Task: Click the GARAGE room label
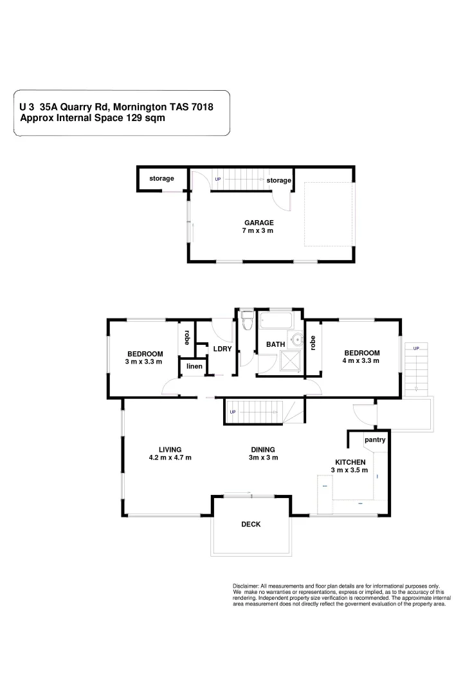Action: click(x=259, y=223)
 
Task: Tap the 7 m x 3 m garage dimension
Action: click(x=259, y=230)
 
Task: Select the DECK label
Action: click(x=251, y=524)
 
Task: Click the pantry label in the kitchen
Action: click(x=374, y=440)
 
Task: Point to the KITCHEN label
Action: click(x=350, y=462)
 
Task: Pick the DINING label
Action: click(x=264, y=450)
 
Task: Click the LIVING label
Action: click(x=170, y=450)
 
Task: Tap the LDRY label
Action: click(x=222, y=349)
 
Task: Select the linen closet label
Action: click(x=194, y=367)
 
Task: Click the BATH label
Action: click(x=275, y=345)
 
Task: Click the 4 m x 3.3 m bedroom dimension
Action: click(x=361, y=361)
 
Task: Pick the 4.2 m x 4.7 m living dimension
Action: click(x=170, y=458)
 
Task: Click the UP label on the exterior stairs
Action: click(x=416, y=348)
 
